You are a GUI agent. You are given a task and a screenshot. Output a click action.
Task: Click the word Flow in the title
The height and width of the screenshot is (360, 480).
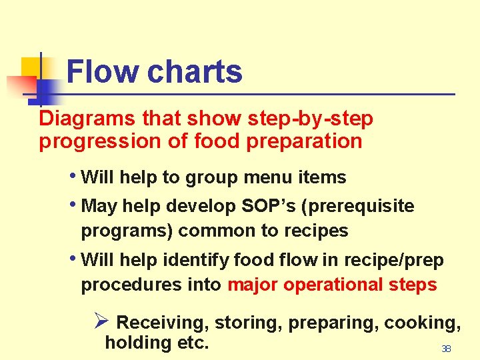coord(103,72)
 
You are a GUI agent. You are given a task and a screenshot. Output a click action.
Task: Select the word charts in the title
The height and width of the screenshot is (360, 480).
coord(195,72)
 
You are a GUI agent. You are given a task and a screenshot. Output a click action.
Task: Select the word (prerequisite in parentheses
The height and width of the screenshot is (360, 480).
coord(358,207)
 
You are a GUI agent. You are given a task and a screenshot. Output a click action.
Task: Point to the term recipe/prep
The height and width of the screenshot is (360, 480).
coord(397,260)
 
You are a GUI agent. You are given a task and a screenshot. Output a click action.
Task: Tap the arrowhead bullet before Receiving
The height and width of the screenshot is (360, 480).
coord(102,322)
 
